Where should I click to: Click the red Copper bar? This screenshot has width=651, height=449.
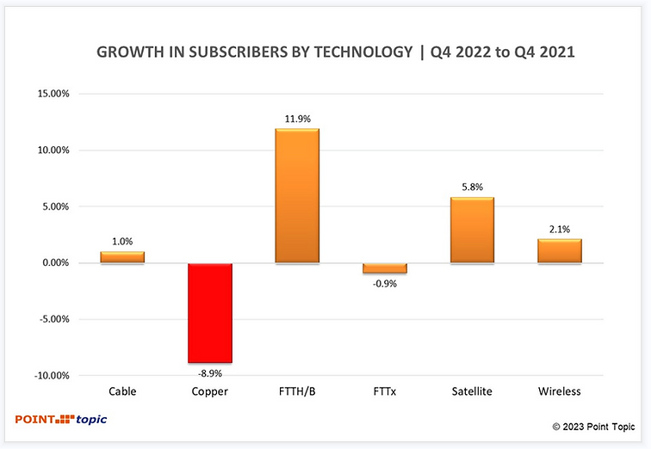[x=209, y=313]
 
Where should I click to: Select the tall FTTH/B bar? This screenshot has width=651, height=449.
[x=297, y=196]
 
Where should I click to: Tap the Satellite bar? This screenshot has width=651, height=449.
[x=472, y=231]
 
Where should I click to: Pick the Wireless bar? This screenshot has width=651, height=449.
[x=560, y=251]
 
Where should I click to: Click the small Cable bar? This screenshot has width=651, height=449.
[x=122, y=257]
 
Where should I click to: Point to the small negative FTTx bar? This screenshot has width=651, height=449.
[x=385, y=268]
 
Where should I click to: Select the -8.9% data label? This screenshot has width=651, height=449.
[x=209, y=372]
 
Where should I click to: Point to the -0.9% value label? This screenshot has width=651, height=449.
[x=385, y=282]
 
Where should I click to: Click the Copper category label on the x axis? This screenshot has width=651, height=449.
[x=209, y=391]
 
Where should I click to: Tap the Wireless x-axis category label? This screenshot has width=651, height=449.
[x=560, y=391]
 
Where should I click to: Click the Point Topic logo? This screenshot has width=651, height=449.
[x=61, y=420]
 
